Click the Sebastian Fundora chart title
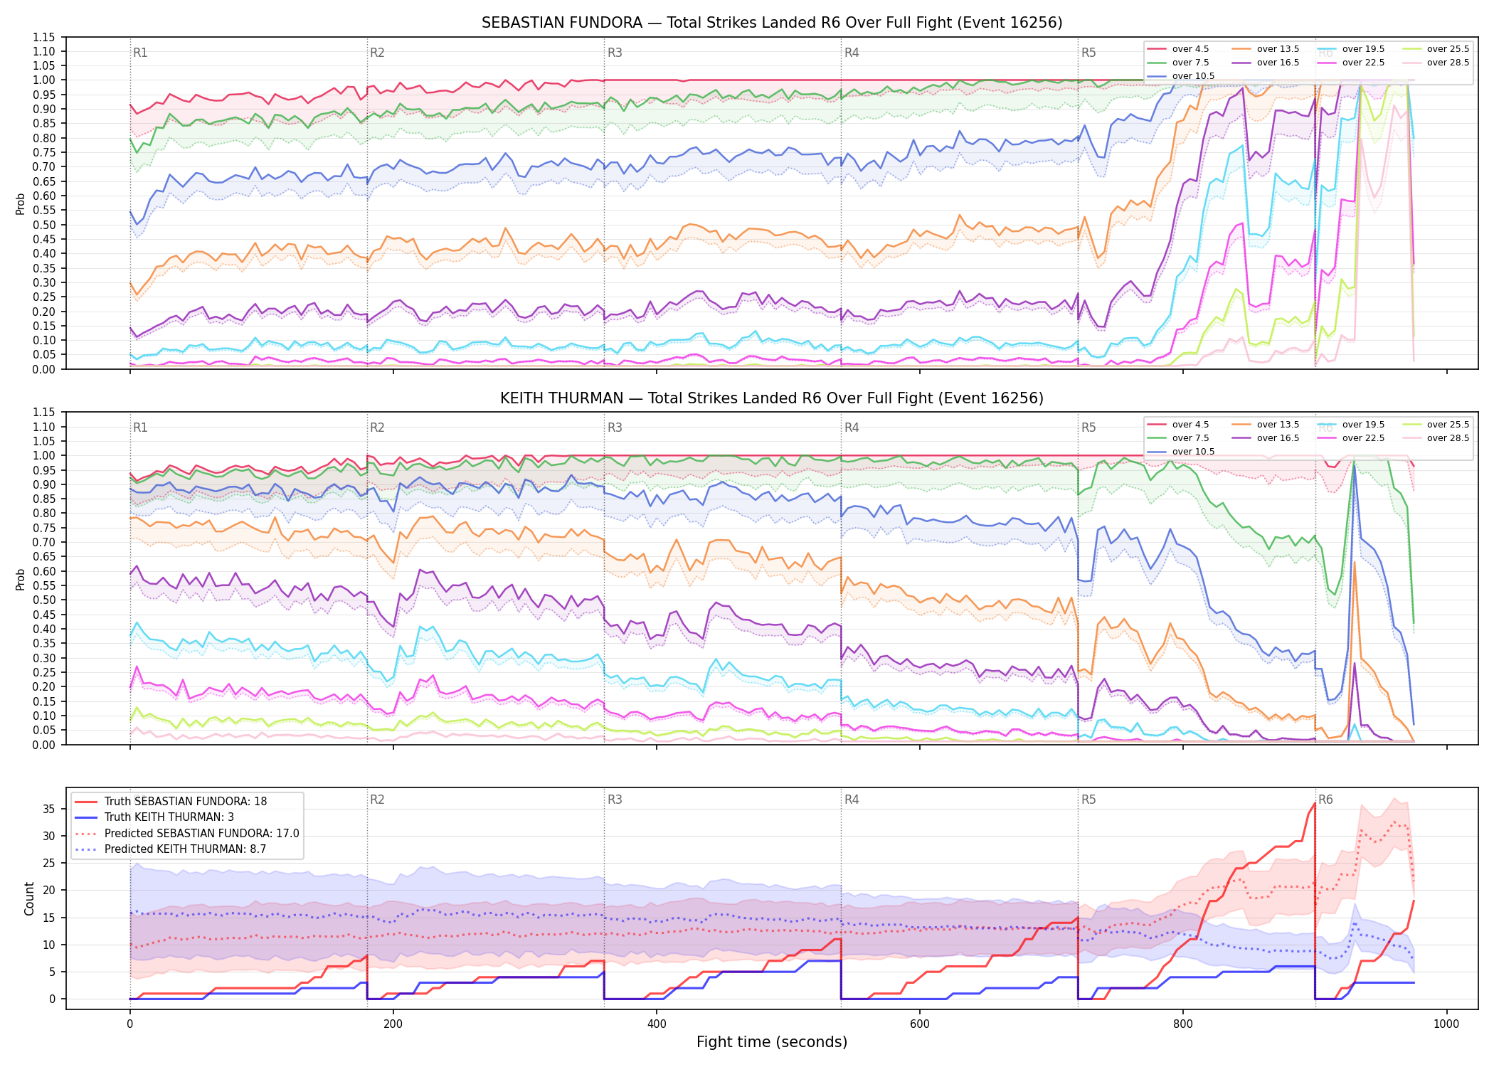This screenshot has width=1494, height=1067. tap(772, 23)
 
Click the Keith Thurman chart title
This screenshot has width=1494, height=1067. tap(772, 398)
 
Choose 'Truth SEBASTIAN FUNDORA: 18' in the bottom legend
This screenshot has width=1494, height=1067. tap(186, 801)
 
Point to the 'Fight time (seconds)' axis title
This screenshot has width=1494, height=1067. tap(772, 1042)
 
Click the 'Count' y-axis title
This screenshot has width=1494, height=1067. tap(29, 898)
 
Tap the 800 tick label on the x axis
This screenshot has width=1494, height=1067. tap(1183, 1024)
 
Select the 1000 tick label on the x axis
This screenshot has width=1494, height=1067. tap(1446, 1024)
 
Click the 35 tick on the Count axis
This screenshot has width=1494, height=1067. tap(49, 809)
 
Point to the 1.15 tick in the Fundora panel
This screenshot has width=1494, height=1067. tap(44, 37)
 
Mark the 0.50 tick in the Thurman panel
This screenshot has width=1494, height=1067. tap(44, 600)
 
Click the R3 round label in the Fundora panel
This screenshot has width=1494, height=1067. tap(615, 53)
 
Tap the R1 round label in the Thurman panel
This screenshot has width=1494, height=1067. tap(140, 428)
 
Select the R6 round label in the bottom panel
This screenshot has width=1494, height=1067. tap(1325, 800)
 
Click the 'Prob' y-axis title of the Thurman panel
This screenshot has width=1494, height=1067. tap(21, 579)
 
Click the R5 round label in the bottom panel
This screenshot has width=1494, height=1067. tap(1088, 800)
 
